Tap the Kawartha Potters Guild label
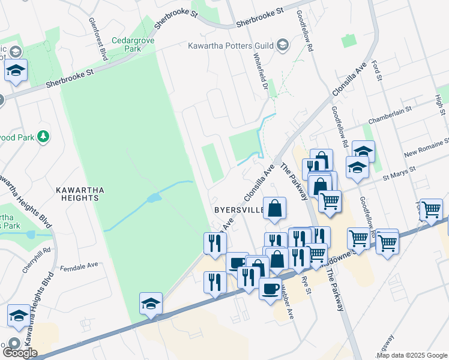click(230, 46)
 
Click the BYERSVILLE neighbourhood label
click(239, 210)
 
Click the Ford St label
click(376, 71)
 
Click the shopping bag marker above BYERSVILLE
click(274, 209)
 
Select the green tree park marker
click(43, 137)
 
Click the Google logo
click(20, 352)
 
